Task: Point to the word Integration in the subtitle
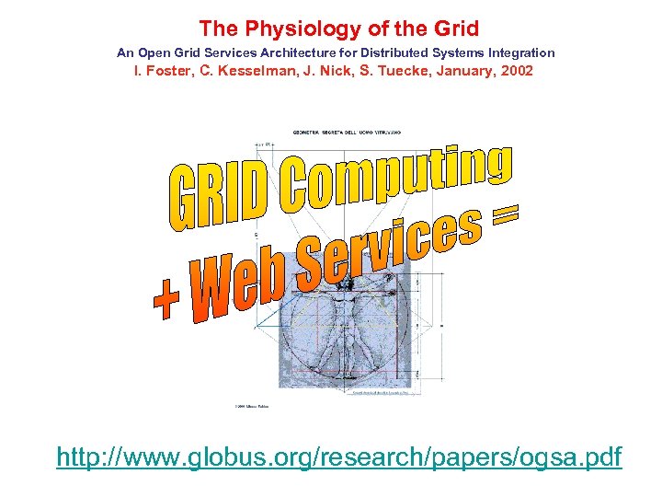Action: (521, 53)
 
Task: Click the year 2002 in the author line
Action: (515, 71)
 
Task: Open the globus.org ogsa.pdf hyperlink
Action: (338, 457)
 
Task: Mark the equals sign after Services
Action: (503, 218)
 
